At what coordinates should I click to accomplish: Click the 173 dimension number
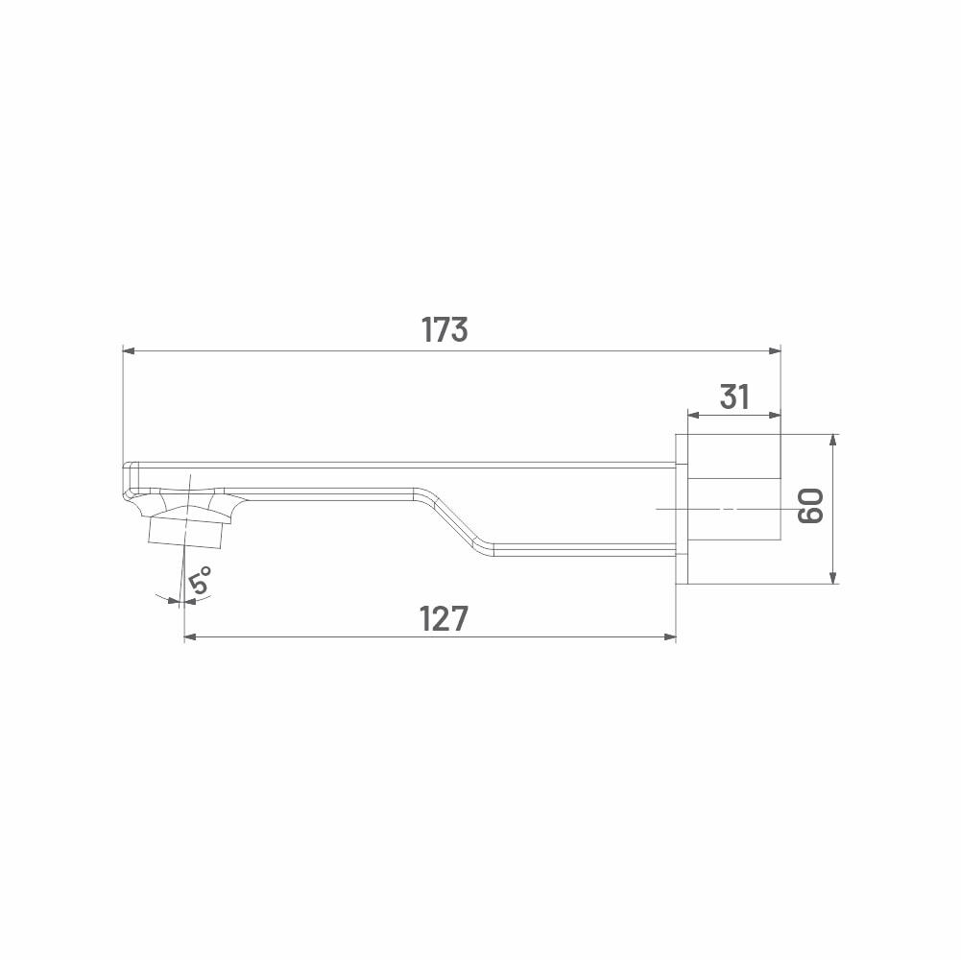point(444,329)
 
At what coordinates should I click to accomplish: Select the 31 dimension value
point(734,396)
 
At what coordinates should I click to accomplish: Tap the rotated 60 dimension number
point(810,506)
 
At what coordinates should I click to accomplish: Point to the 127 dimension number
point(444,618)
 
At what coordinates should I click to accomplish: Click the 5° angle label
point(200,579)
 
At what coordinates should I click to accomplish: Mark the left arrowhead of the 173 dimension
point(129,351)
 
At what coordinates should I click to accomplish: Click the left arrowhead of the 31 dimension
point(694,415)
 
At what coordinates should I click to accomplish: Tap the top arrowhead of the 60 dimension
point(832,441)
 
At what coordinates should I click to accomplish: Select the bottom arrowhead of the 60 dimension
point(832,577)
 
